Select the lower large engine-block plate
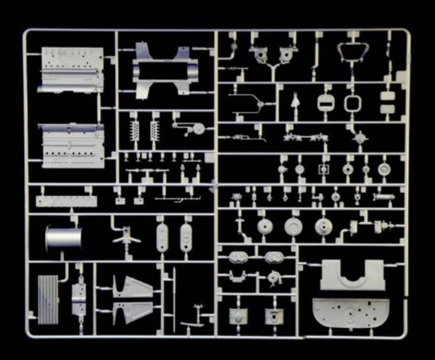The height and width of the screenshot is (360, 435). click(x=70, y=144)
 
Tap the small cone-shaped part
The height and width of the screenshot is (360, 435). click(x=295, y=103)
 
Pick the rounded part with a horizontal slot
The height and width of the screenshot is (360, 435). click(x=323, y=102)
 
